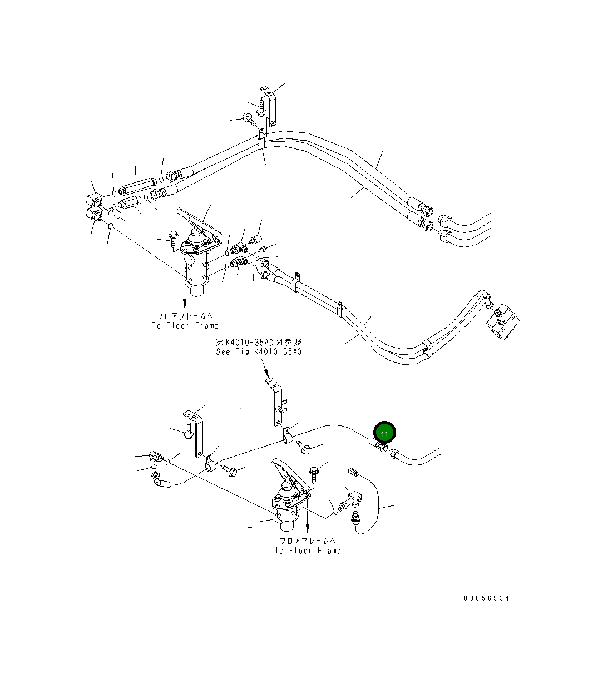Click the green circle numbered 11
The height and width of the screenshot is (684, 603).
[384, 433]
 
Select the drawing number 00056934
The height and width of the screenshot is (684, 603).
[487, 598]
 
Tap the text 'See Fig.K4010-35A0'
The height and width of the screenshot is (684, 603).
[259, 351]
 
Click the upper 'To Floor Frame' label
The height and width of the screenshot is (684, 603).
[185, 325]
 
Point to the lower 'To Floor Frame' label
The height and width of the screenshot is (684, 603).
[308, 550]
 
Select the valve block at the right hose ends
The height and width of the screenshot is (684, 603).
[504, 322]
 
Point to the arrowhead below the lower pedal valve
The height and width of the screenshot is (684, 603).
[308, 528]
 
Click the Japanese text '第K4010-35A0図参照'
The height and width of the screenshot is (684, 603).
[259, 342]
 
